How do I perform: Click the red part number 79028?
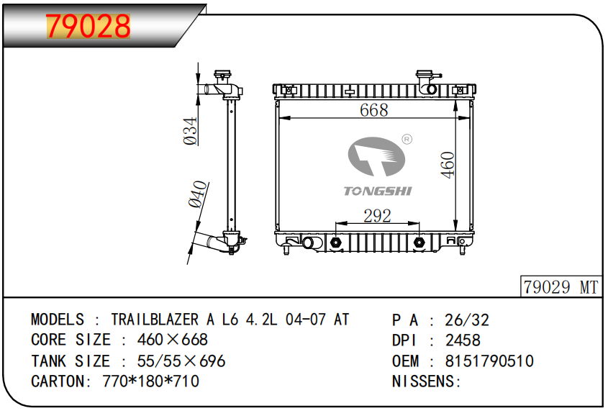[89, 26]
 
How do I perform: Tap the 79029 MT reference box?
[561, 287]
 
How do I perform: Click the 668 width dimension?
[374, 109]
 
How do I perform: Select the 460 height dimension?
[448, 165]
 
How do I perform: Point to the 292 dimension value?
[377, 216]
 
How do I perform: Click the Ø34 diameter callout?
[191, 131]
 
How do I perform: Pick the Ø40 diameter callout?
[198, 194]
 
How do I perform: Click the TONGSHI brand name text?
[377, 191]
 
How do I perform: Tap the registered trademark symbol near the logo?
[407, 139]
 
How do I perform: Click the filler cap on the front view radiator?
[425, 74]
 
